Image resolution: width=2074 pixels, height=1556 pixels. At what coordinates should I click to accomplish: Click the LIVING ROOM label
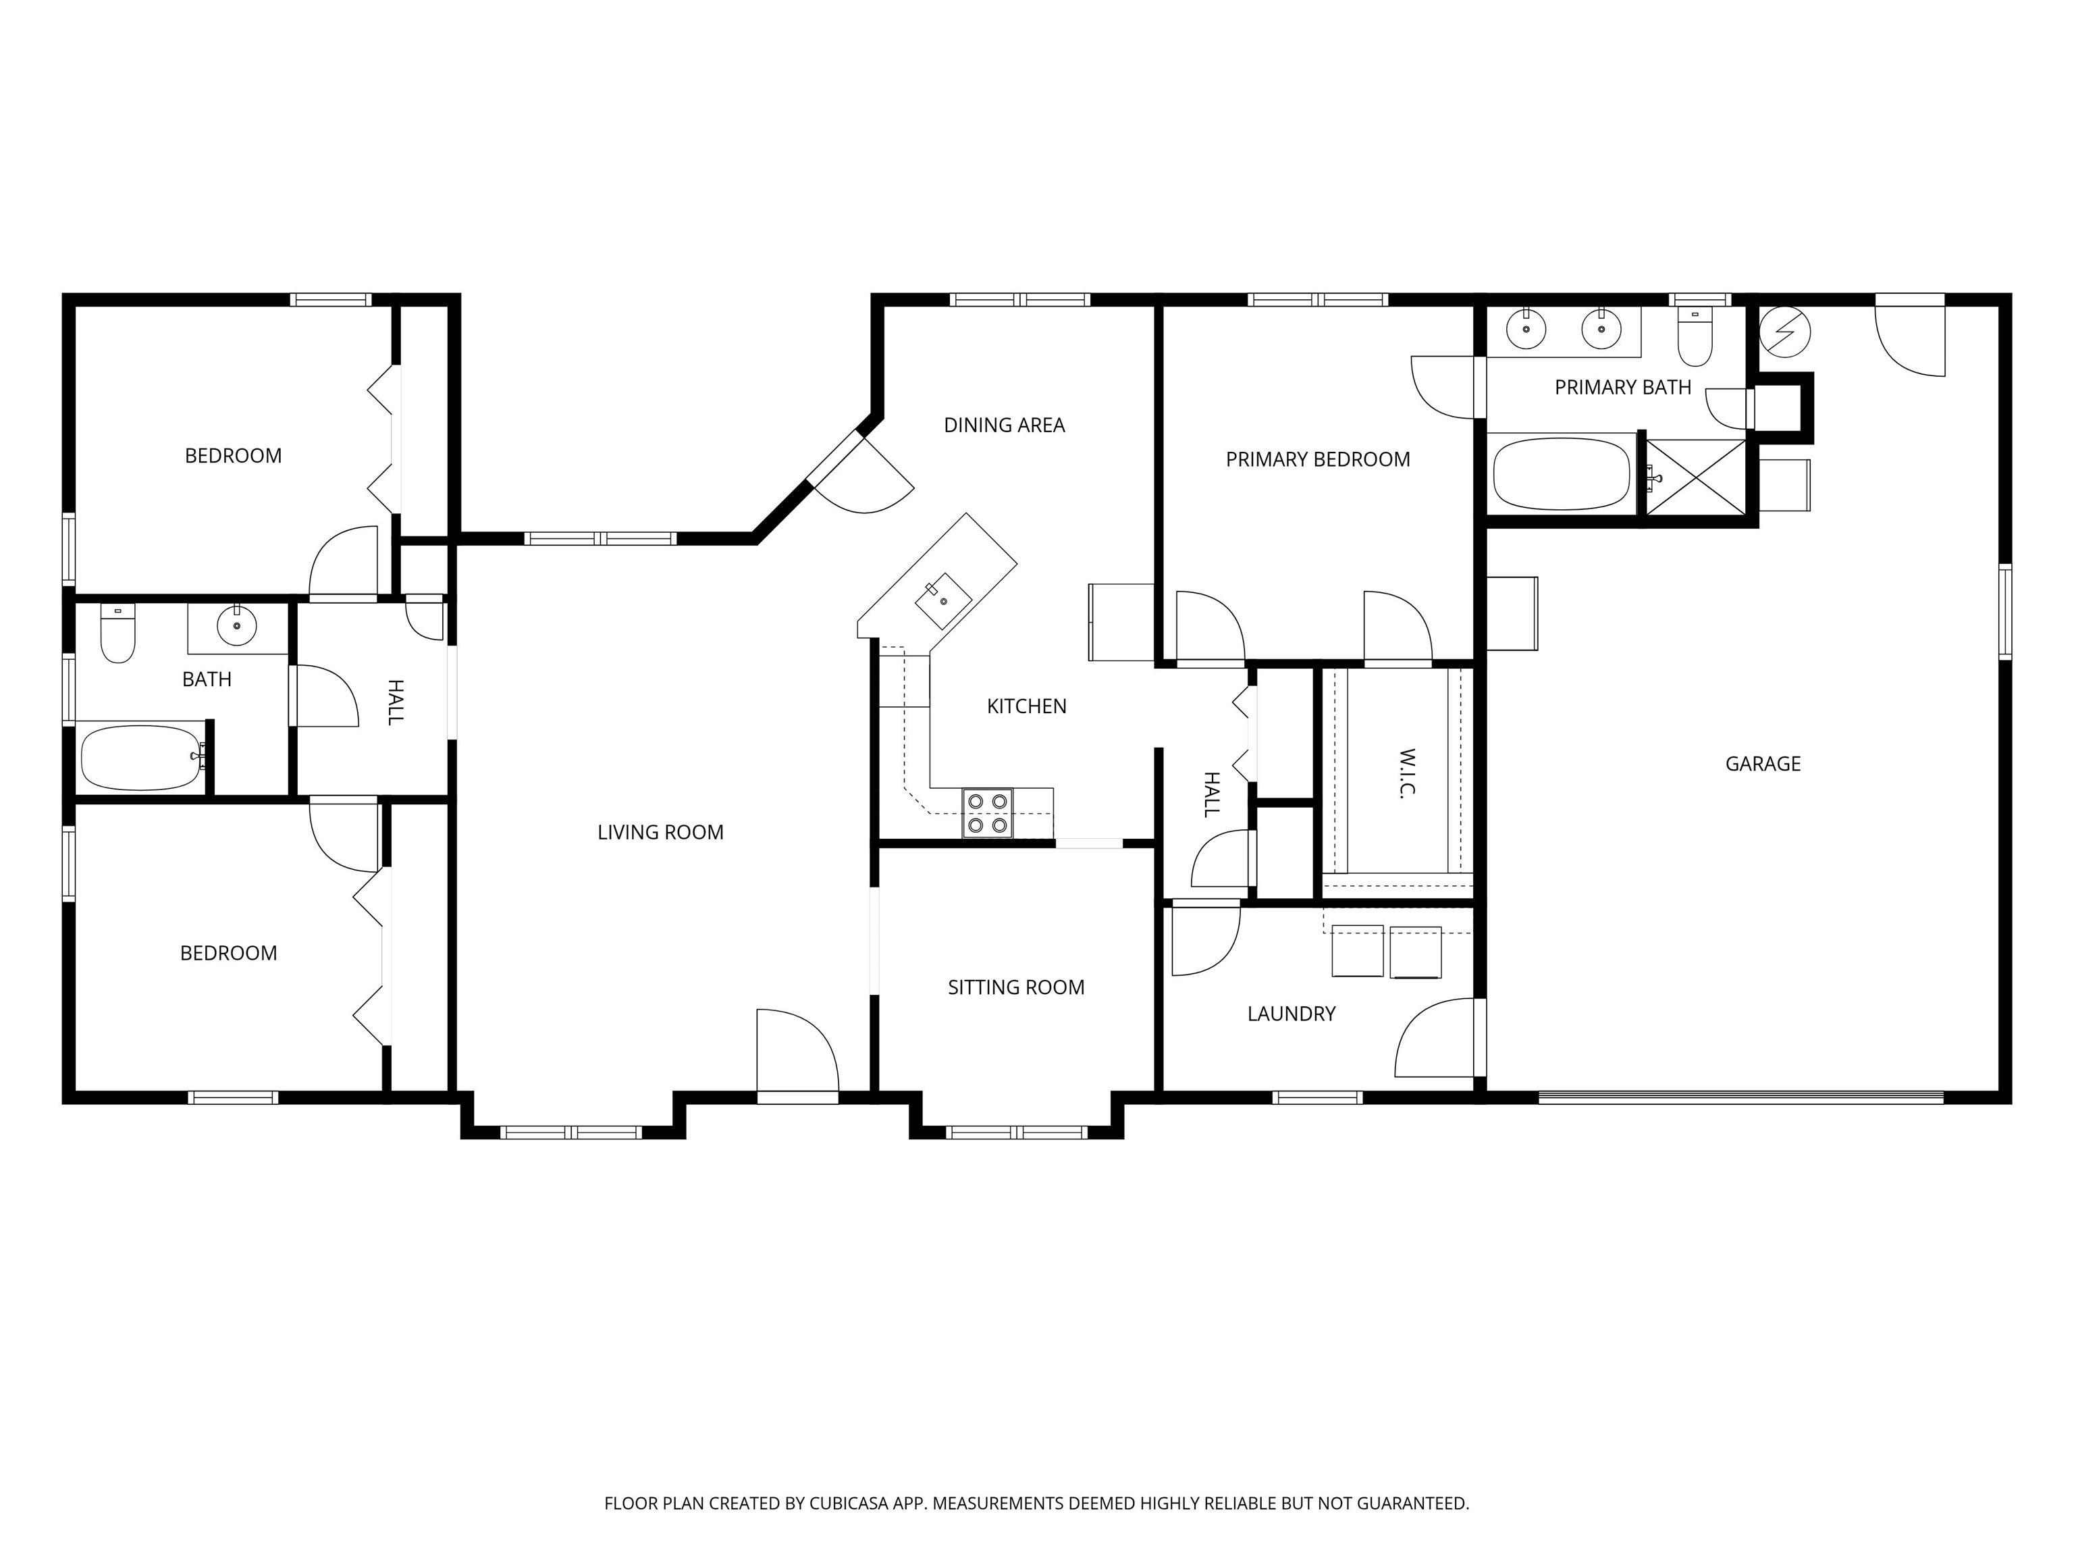[660, 832]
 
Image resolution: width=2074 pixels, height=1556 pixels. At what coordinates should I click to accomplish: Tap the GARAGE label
[1763, 763]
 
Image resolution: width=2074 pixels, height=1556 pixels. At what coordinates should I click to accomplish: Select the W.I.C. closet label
[1406, 772]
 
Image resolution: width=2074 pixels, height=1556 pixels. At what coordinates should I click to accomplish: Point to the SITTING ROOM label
[1015, 987]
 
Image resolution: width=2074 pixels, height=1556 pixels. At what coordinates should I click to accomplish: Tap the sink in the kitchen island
[945, 601]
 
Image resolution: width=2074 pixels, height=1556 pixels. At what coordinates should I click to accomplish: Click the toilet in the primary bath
[1695, 337]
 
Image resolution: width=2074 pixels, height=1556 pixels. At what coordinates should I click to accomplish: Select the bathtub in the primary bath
[1562, 473]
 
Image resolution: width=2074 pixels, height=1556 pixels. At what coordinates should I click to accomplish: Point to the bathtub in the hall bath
[142, 757]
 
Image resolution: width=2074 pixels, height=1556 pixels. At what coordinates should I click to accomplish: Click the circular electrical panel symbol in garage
[1784, 332]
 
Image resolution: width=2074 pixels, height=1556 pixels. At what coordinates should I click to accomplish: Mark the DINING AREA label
[1004, 425]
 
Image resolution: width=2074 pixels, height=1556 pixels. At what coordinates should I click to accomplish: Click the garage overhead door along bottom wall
[1741, 1095]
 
